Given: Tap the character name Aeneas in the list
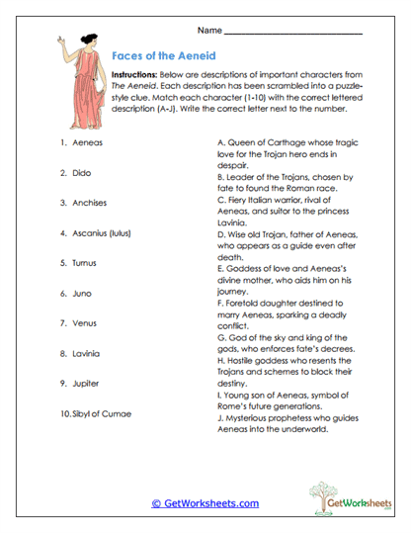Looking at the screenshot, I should click(87, 143).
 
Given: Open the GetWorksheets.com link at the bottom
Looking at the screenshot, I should click(205, 503).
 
